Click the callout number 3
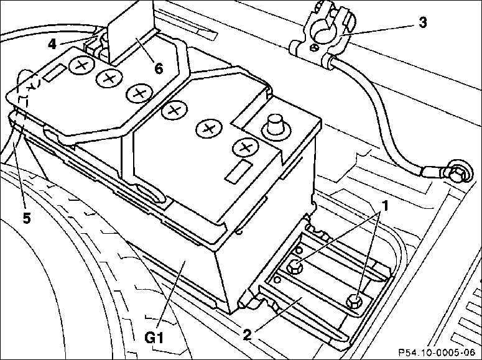(x=423, y=23)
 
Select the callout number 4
(x=52, y=44)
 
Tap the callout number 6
(x=159, y=68)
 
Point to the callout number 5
(x=27, y=218)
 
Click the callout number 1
(x=384, y=206)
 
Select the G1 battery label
(x=154, y=338)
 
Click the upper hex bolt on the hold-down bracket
(x=295, y=267)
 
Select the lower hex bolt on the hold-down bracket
(x=355, y=301)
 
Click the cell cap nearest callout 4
(x=81, y=65)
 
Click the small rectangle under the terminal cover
(x=55, y=73)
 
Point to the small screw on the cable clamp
(x=314, y=48)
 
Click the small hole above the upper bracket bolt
(x=298, y=250)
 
